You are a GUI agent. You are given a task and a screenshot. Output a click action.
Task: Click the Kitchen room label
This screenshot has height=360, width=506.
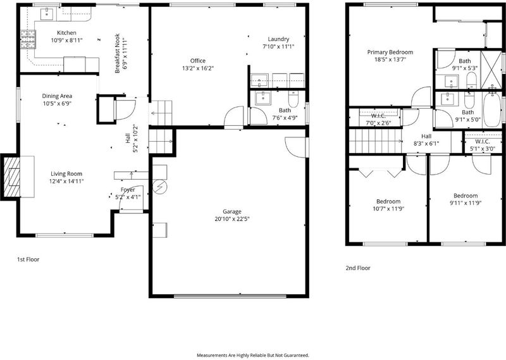66,33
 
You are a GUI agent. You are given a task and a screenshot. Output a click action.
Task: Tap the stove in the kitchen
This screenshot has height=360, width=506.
28,39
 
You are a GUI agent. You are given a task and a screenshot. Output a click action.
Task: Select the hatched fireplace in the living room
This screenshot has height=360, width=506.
11,177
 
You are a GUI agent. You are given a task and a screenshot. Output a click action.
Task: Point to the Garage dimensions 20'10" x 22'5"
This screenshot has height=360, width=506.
232,219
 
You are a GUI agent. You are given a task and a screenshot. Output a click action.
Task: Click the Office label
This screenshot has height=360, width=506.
198,61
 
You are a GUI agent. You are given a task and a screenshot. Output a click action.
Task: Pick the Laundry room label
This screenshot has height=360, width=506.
278,39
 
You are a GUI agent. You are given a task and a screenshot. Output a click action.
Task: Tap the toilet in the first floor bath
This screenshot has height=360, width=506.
293,99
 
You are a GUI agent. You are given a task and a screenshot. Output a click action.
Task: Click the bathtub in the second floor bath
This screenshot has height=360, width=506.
492,108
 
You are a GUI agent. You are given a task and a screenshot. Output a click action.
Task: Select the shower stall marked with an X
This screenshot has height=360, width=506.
491,70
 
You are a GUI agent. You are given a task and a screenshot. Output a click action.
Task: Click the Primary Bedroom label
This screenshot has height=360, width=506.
390,53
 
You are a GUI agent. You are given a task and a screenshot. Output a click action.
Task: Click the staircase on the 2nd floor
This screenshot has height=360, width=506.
376,141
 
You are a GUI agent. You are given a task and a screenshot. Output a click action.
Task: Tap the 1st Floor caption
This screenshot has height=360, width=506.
28,259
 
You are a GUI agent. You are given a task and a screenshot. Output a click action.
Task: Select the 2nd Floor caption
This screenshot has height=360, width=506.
358,268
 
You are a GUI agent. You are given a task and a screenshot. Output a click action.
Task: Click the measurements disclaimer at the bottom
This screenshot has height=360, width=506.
252,355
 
